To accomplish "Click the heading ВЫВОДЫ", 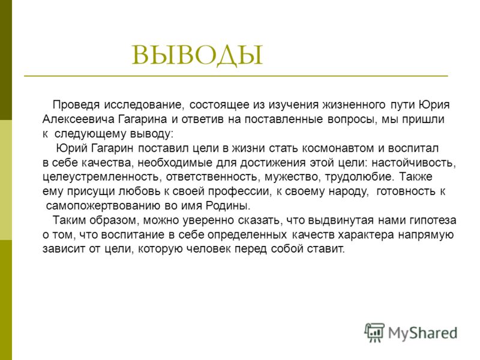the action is [197, 55].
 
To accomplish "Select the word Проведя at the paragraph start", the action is [76, 105].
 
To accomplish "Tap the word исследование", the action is [144, 105].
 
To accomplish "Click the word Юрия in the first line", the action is [434, 104].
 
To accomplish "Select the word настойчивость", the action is [413, 163].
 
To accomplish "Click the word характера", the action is [366, 235].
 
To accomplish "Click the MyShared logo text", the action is [423, 333].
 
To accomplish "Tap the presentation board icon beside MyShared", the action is [374, 332].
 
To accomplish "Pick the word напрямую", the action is [426, 235].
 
